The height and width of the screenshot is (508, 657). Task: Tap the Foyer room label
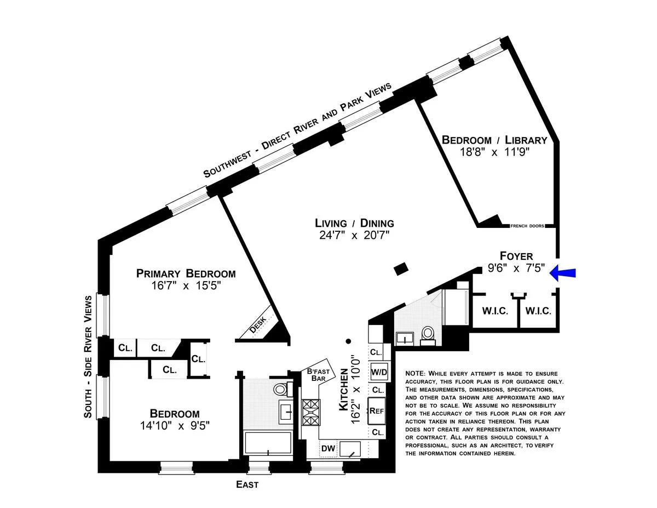[x=516, y=256]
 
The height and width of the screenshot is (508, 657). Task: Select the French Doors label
[x=527, y=225]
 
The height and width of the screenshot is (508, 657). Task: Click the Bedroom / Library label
[x=494, y=140]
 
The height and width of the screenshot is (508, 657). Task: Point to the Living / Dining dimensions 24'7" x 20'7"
[x=354, y=236]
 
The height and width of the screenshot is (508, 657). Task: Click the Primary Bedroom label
[x=186, y=273]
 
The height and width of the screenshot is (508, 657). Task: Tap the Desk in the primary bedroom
[x=258, y=326]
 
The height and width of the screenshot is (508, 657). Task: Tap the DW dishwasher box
[x=328, y=449]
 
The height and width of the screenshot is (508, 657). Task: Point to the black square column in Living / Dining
[x=401, y=269]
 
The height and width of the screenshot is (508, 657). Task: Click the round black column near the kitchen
[x=348, y=340]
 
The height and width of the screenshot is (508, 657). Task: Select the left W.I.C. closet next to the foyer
[x=495, y=311]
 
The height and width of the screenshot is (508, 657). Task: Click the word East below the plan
[x=247, y=484]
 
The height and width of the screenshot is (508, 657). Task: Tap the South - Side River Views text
[x=89, y=357]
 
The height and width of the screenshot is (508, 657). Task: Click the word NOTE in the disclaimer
[x=414, y=373]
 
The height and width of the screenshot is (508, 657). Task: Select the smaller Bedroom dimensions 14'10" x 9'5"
[x=176, y=425]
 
